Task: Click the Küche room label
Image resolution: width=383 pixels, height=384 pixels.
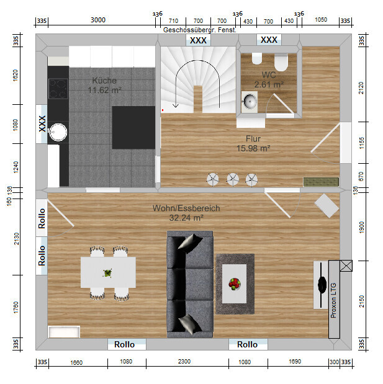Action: [x=104, y=85]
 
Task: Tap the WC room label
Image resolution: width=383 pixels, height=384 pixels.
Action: [x=269, y=79]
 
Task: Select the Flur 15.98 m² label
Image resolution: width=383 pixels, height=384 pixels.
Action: [x=253, y=143]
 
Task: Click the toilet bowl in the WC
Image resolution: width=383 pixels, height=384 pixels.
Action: [x=281, y=63]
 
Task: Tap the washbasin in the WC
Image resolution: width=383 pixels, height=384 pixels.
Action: [x=250, y=102]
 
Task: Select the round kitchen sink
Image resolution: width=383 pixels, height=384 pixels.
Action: [x=58, y=132]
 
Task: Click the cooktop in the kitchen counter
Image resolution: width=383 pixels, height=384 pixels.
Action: [x=58, y=89]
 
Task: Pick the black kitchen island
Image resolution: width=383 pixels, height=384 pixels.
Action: [x=133, y=127]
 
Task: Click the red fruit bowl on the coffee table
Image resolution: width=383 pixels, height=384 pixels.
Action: [x=235, y=284]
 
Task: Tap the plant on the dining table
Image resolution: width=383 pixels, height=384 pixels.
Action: [x=107, y=273]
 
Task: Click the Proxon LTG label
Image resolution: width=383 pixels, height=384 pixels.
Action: [x=333, y=300]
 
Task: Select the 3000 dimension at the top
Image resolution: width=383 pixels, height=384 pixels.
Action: [x=98, y=20]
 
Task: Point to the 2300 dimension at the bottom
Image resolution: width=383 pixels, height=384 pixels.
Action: [x=184, y=362]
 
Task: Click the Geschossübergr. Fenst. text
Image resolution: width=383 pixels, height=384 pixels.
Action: [x=200, y=30]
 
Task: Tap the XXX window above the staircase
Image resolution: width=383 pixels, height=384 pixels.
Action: [x=198, y=40]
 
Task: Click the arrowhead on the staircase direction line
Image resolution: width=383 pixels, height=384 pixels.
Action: [x=176, y=106]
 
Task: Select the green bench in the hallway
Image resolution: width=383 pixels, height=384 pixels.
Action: [x=321, y=182]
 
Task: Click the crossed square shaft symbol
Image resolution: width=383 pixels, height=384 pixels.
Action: [x=346, y=266]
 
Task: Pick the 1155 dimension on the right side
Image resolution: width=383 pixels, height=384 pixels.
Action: [x=362, y=143]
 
